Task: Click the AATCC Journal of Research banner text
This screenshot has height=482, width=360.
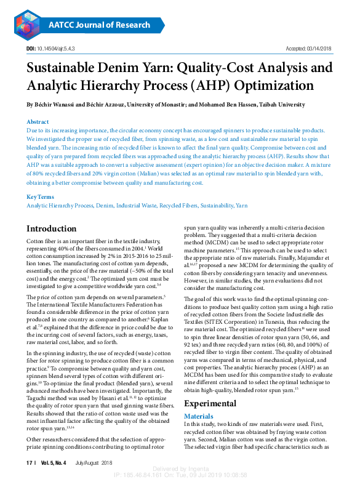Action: [98, 25]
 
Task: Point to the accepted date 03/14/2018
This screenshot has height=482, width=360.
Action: [318, 49]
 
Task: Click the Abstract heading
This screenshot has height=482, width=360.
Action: [38, 122]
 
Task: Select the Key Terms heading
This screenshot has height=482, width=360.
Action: [41, 197]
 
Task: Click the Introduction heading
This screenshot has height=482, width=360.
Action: [51, 229]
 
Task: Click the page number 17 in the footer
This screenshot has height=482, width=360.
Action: [29, 462]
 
